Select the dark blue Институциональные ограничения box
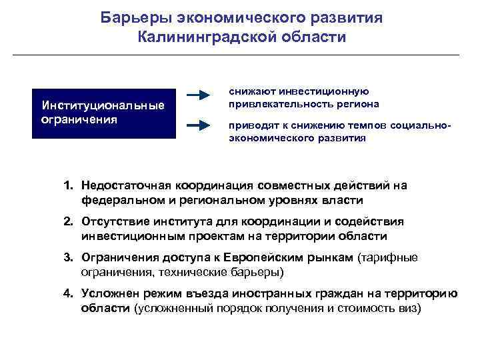104,113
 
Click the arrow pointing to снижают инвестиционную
199,96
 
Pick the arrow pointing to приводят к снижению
199,125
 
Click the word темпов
369,126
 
